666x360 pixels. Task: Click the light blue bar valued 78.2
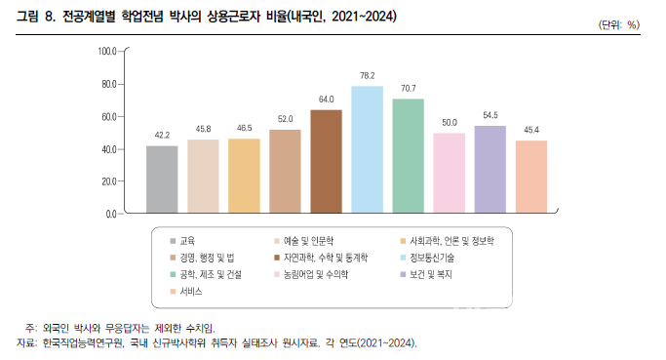point(367,148)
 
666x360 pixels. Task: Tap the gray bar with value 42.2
point(162,179)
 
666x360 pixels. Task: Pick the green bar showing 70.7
point(408,154)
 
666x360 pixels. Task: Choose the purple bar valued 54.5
point(490,168)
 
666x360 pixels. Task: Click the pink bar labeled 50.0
point(449,172)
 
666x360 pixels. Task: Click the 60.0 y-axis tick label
point(106,116)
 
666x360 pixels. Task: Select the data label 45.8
point(203,129)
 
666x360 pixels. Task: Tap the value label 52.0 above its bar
point(285,119)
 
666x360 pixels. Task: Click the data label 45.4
point(530,130)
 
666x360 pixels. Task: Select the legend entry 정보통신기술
point(516,258)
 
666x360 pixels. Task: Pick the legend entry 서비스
point(192,292)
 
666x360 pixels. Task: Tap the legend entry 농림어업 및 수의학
point(316,275)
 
